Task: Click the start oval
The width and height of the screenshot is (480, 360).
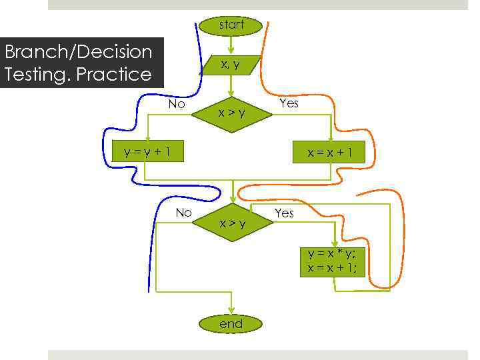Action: point(231,25)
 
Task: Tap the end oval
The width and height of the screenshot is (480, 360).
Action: point(231,324)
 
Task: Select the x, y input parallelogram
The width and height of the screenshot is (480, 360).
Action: point(231,64)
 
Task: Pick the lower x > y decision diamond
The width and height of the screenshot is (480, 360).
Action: point(233,223)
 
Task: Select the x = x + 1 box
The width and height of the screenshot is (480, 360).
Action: point(331,153)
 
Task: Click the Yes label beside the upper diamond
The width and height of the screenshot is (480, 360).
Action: point(289,103)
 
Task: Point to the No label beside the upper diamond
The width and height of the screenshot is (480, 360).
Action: point(177,104)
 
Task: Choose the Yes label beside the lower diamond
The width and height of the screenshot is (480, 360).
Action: point(284,213)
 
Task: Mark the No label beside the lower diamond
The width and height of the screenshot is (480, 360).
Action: point(183,213)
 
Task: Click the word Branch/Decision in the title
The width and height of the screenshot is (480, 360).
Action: point(78,51)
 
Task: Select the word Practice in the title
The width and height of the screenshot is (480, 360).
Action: point(114,74)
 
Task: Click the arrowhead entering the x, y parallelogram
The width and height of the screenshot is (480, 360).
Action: point(231,50)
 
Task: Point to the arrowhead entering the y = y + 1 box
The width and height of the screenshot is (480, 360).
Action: point(148,138)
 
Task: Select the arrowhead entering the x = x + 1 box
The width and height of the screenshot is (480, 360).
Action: point(331,138)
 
